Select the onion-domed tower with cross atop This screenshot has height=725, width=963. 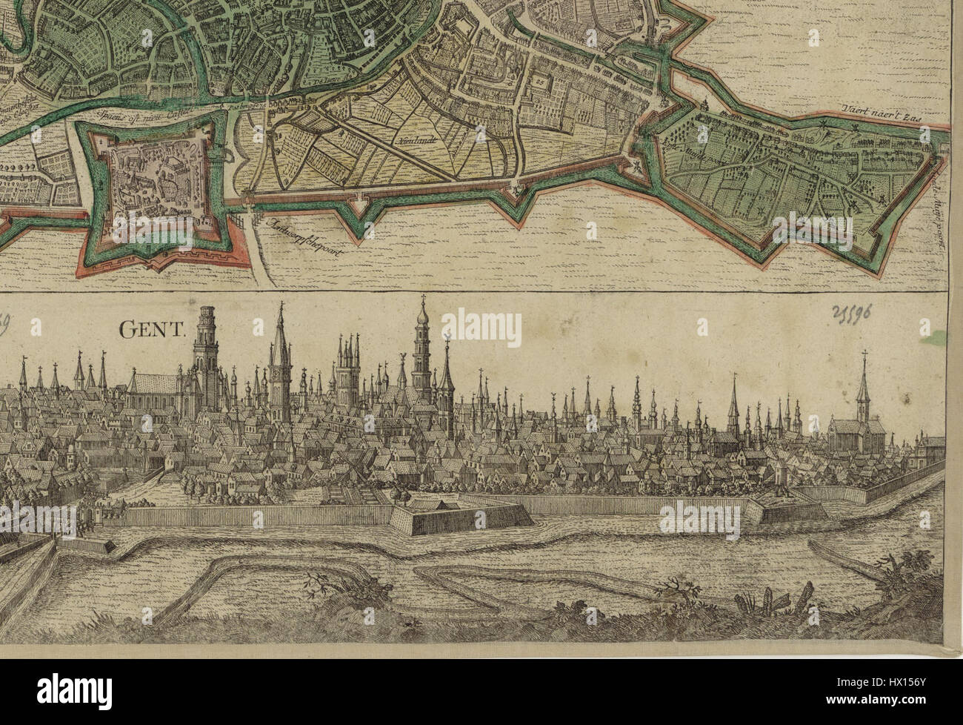pos(421,348)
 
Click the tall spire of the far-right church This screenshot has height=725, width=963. pos(864,385)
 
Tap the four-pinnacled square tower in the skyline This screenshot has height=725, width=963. pos(347,378)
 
